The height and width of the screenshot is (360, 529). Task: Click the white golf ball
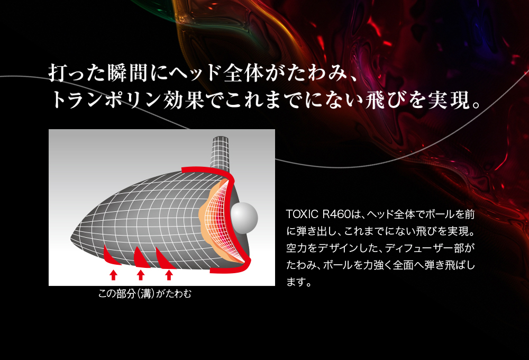(244, 218)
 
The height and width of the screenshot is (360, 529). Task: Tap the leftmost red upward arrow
(113, 275)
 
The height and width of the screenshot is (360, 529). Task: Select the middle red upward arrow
(141, 275)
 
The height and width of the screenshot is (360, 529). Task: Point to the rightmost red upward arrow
(169, 275)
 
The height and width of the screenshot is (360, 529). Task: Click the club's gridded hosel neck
(220, 152)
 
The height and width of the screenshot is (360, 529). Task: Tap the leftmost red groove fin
(110, 256)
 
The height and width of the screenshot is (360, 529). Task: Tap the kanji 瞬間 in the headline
(128, 73)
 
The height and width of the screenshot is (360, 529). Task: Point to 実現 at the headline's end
(449, 100)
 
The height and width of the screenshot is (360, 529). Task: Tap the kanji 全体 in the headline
(243, 73)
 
